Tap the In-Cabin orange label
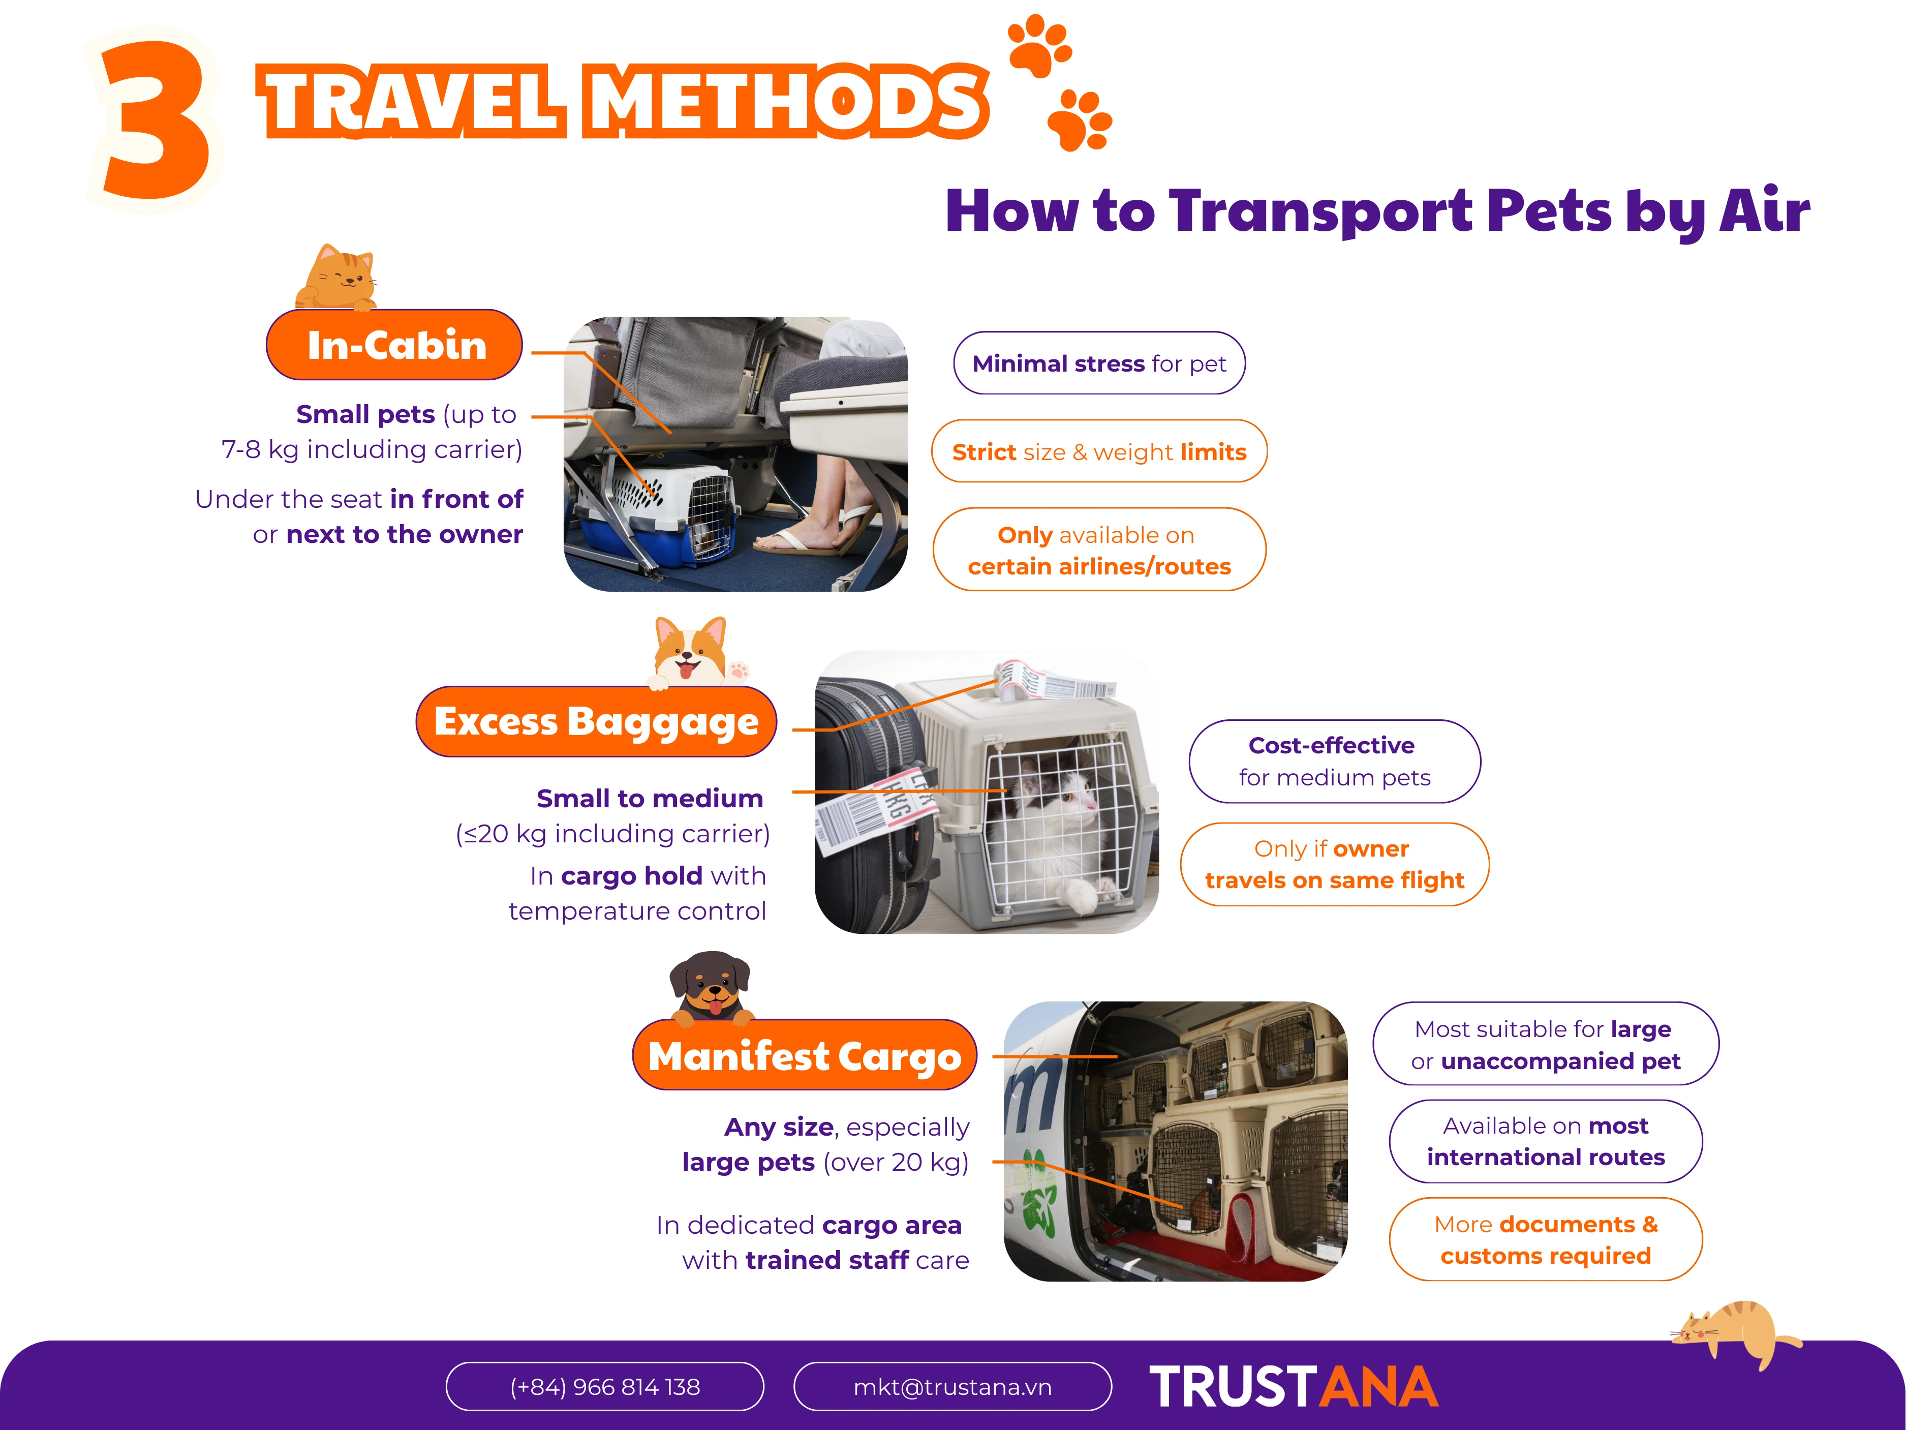point(394,345)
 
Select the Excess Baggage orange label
point(596,721)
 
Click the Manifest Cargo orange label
point(805,1055)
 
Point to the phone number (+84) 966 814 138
point(605,1386)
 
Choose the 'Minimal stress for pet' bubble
point(1099,363)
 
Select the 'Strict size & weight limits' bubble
point(1099,451)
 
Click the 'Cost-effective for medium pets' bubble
point(1335,761)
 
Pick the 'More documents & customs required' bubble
point(1546,1239)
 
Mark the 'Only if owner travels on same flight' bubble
point(1335,865)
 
